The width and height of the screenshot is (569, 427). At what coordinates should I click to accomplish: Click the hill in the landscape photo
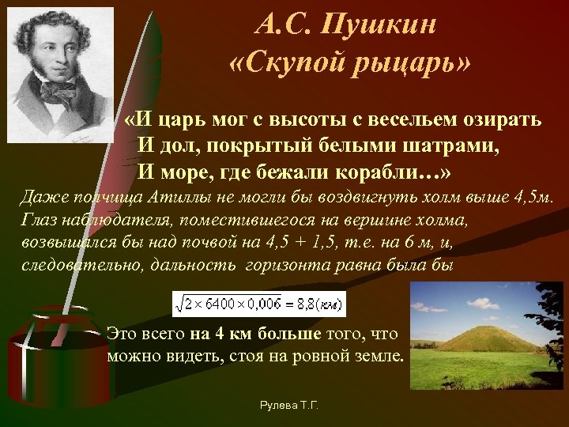[x=482, y=338]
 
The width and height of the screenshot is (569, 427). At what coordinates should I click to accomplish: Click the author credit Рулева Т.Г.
[x=289, y=405]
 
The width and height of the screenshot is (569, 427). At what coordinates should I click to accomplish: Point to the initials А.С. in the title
[x=281, y=25]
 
